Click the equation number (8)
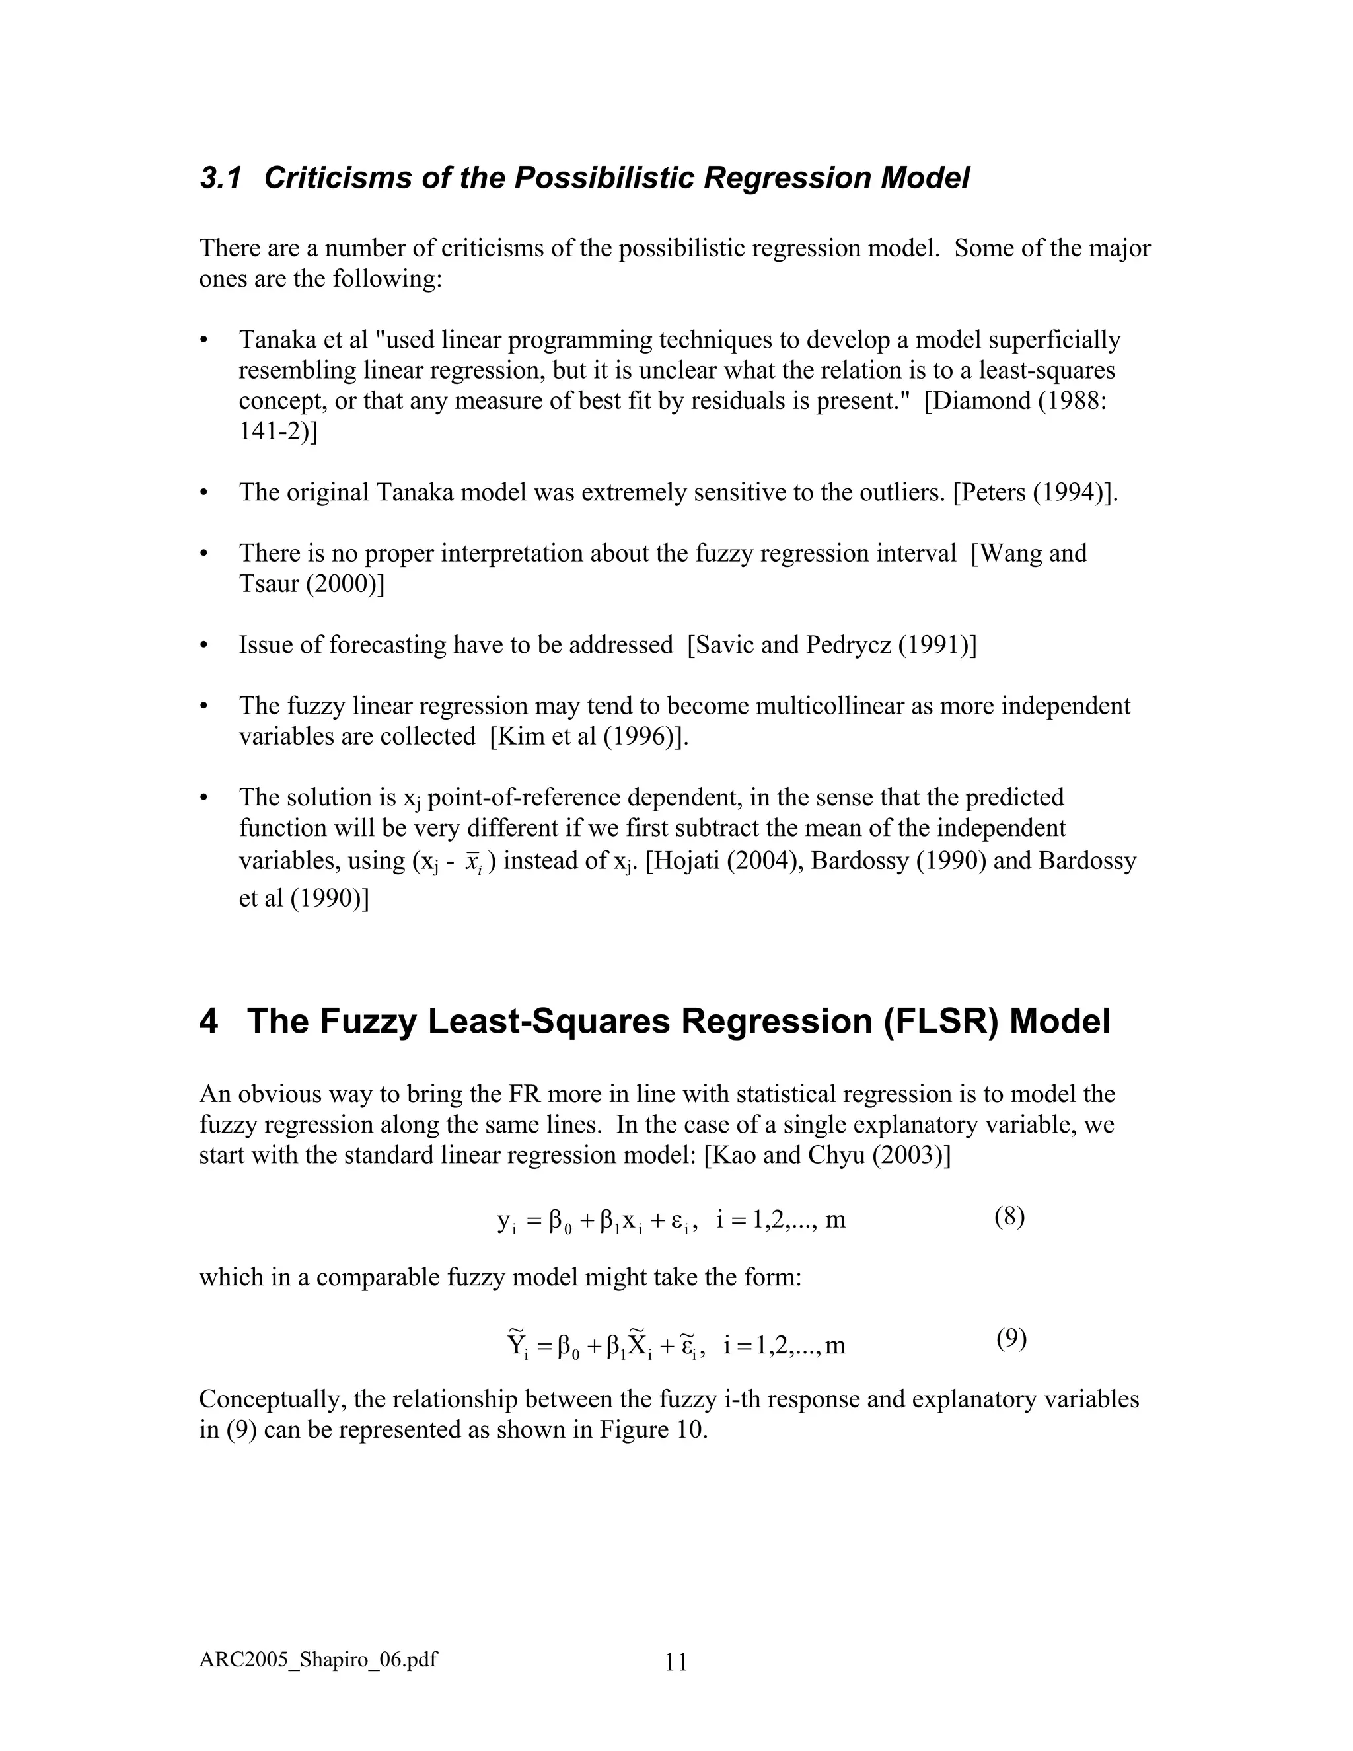coord(1009,1216)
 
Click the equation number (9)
coord(1011,1338)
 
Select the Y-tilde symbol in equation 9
coord(516,1343)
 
